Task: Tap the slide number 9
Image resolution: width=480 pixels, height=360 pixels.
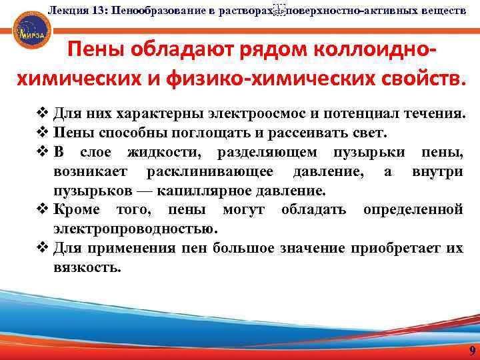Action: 472,352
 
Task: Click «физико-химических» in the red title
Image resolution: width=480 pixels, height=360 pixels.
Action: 255,79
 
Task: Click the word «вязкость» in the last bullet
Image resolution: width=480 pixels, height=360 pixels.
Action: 87,267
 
